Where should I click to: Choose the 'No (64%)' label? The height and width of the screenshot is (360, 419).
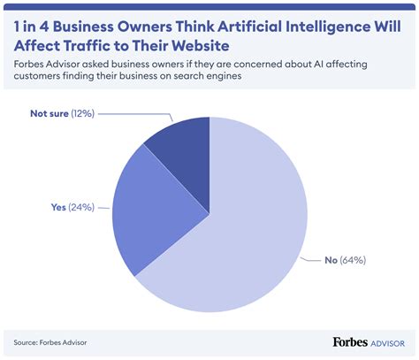click(345, 259)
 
